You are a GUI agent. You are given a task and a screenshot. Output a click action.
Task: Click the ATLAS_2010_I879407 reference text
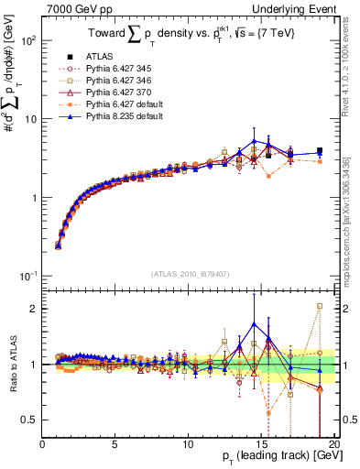point(191,273)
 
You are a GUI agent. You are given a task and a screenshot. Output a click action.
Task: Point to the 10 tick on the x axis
point(188,444)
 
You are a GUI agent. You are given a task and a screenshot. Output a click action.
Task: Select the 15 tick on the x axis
point(260,444)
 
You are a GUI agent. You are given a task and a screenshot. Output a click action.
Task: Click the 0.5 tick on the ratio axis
point(32,420)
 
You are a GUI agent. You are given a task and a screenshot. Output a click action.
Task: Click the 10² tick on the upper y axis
point(30,41)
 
